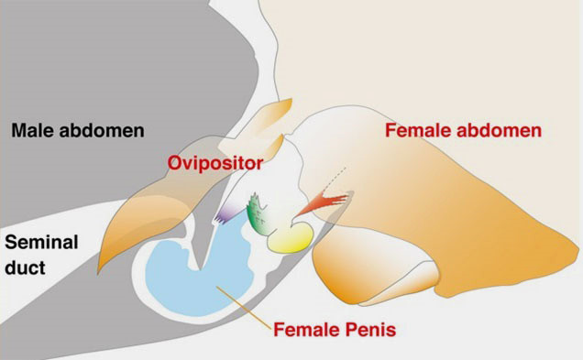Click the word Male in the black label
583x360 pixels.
click(32, 131)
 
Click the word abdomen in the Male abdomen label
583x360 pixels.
click(102, 131)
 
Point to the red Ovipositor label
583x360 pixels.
click(215, 163)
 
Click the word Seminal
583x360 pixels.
click(41, 242)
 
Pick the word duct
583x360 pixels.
click(25, 267)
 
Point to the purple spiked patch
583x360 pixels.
click(227, 213)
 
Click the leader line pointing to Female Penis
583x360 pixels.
click(244, 307)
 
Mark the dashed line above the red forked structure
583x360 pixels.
click(335, 178)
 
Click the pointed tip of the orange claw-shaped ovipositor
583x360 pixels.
click(98, 273)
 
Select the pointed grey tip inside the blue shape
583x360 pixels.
click(200, 267)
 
